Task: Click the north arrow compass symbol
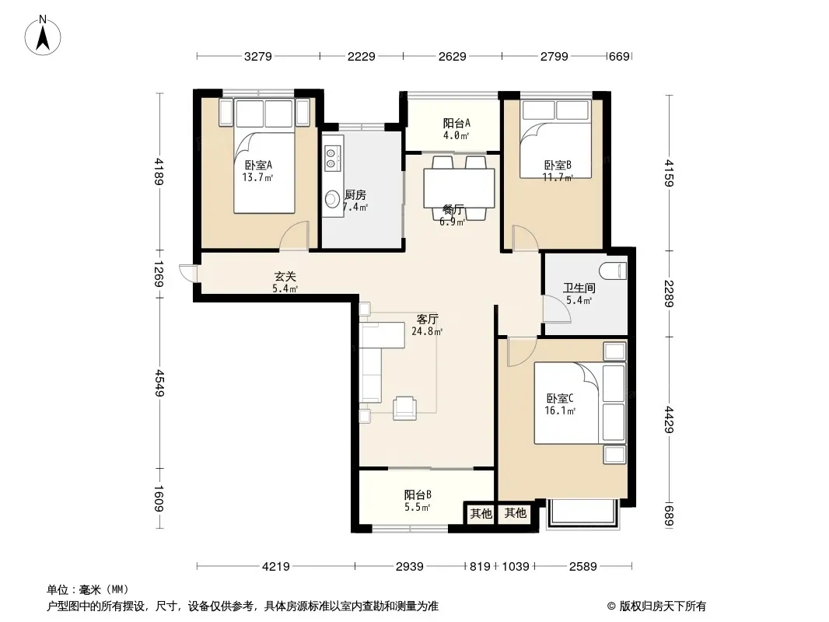tap(43, 35)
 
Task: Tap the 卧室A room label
tap(258, 166)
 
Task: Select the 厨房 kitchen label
tap(355, 195)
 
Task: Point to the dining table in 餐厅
tap(459, 188)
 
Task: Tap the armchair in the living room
tap(404, 408)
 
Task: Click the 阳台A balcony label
tap(456, 123)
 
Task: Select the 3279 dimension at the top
tap(258, 56)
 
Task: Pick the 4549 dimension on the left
tap(159, 383)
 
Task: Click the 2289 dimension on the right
tap(669, 293)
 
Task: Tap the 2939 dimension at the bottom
tap(410, 567)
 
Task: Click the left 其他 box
tap(481, 513)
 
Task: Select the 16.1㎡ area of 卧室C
tap(560, 411)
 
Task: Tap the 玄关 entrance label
tap(285, 276)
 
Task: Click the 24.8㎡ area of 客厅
tap(427, 331)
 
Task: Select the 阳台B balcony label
tap(418, 494)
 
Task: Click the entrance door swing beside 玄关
tap(187, 273)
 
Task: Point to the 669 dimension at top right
tap(619, 56)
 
